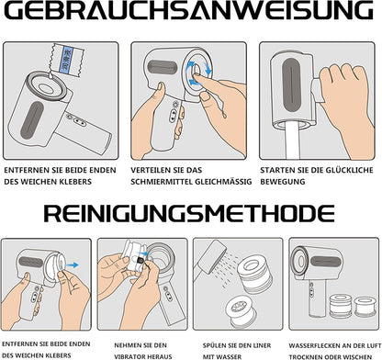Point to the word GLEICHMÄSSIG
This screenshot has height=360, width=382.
(220, 181)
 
